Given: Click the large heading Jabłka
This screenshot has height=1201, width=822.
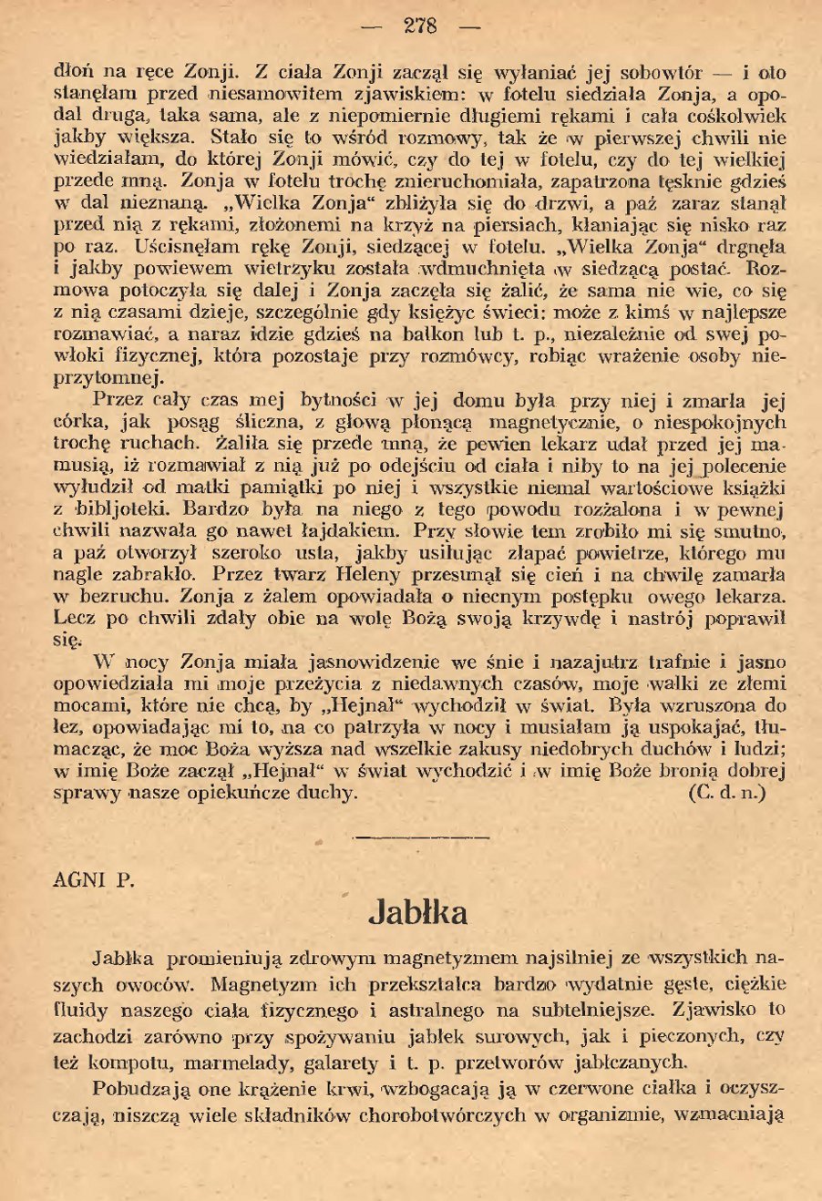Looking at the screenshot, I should point(418,911).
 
